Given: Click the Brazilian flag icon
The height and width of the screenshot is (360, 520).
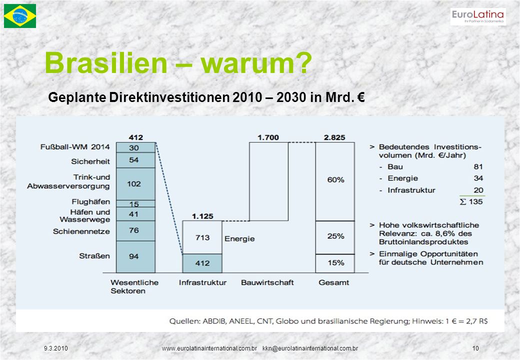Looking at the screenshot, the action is point(20,16).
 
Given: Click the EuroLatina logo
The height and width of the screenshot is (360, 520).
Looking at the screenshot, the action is point(478,16).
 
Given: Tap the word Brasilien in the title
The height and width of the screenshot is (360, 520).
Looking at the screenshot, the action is point(106,63).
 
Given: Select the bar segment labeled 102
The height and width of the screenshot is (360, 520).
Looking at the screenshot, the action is point(135,184).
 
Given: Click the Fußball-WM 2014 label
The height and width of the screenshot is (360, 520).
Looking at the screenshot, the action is point(75,147).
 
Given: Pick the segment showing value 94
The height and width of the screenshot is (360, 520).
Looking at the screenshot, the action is point(135,256).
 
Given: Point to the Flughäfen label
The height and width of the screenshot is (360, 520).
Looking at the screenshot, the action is point(90,201).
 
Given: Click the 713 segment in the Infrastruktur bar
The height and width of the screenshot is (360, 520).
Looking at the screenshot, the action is point(202,237).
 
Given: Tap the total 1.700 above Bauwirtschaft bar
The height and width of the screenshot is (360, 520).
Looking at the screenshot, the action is point(268,137).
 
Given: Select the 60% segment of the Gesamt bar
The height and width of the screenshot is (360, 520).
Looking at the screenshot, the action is point(335,181).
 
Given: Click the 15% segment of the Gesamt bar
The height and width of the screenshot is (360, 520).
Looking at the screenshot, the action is point(335,263).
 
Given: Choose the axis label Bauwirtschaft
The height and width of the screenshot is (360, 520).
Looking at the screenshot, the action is point(267,282).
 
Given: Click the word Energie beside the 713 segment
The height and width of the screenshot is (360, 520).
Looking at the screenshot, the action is point(239,238).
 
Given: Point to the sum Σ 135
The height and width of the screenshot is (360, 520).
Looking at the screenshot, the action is point(471,201).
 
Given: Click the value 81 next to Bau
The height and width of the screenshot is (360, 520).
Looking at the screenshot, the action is point(478,166).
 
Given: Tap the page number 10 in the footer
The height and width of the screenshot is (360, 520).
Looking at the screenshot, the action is point(475,348).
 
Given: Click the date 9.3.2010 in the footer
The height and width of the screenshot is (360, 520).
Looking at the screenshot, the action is point(55,348).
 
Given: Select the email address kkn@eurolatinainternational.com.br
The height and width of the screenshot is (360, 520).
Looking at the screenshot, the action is point(310,348).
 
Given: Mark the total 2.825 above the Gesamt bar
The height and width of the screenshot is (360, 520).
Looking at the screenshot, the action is point(334,137).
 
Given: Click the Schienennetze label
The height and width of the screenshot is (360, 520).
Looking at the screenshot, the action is point(81,231).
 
